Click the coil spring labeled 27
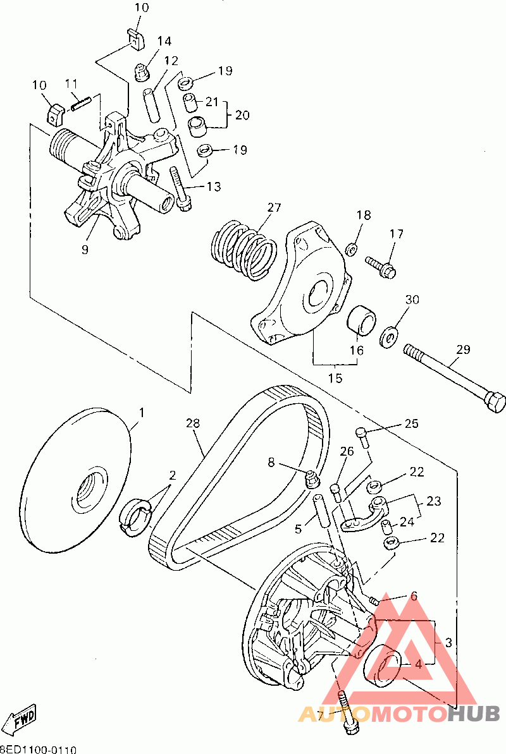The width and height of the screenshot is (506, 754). [242, 248]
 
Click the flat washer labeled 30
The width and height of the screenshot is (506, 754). [388, 335]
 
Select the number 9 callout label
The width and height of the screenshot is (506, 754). [85, 249]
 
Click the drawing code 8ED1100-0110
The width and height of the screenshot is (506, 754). [38, 749]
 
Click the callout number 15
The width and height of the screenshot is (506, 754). [335, 378]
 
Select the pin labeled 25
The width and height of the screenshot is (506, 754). [362, 437]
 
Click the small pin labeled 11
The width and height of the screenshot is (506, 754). [83, 102]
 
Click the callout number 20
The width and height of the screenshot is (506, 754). [242, 115]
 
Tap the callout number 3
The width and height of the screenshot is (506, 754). [448, 643]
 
